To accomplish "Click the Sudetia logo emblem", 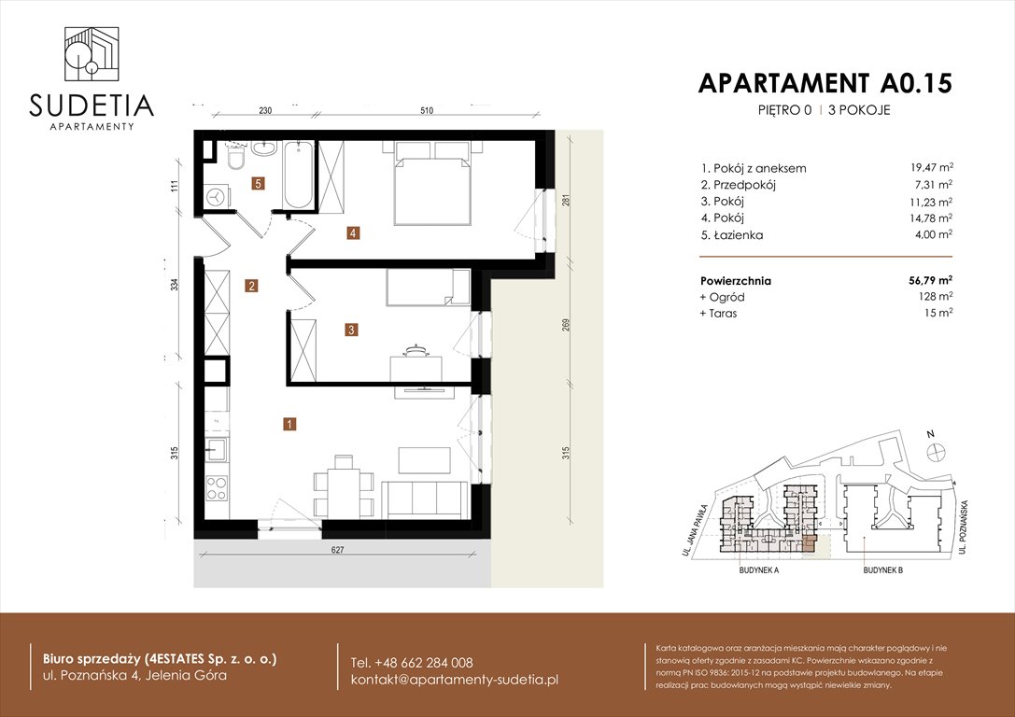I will coord(91,54).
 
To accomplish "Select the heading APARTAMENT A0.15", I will coord(825,83).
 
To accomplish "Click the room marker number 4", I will coord(352,233).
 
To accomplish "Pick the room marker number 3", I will coord(350,329).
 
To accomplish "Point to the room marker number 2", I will coord(251,287).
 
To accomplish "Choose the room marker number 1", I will coord(290,425).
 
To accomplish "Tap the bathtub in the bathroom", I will coord(299,175).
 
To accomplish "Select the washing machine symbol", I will coord(216,197).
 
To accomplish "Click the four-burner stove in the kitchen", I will coord(217,488).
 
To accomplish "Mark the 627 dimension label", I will coord(337,551).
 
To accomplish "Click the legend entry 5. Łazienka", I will coord(731,235).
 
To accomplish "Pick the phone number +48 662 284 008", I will coord(412,662).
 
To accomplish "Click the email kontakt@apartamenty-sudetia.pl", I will coord(454,680).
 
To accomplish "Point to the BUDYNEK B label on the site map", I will coord(887,569).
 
